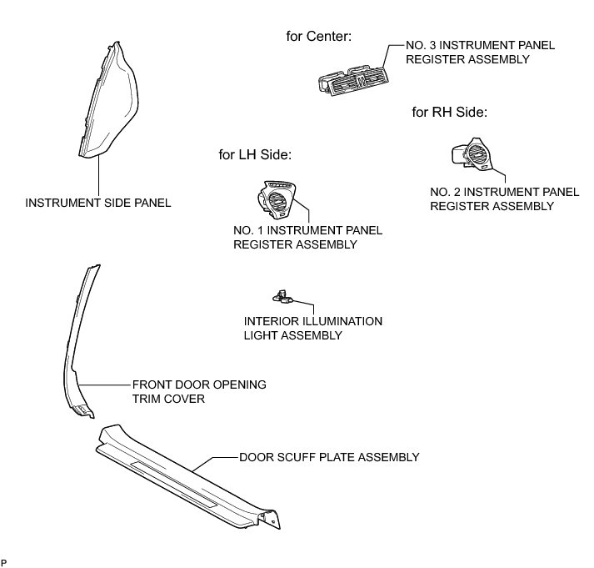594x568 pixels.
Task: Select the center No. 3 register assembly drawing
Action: click(353, 78)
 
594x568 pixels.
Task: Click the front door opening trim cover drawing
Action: click(77, 350)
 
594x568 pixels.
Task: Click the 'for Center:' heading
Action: click(318, 36)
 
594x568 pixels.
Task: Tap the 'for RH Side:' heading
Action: click(449, 112)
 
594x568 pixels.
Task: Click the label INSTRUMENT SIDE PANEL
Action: click(98, 203)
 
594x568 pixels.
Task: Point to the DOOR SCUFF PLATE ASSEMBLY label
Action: click(329, 457)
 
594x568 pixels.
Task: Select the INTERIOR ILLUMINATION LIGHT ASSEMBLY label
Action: click(312, 328)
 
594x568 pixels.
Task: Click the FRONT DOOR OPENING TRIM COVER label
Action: click(199, 392)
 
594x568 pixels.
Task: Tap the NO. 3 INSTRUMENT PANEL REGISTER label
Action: click(467, 52)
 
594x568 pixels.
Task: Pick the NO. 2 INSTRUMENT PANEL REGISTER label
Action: click(504, 199)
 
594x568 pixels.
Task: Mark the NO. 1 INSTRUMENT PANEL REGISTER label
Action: click(307, 237)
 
